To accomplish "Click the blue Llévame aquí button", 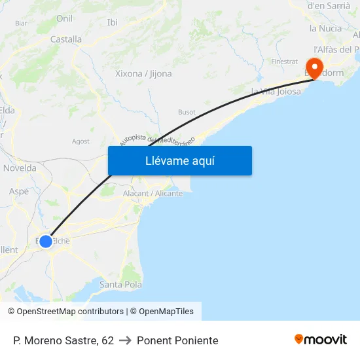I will tap(179, 160).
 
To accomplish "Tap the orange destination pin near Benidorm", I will tap(314, 68).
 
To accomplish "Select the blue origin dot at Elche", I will tap(46, 242).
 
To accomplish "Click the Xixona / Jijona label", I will tap(143, 73).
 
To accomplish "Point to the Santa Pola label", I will tap(120, 284).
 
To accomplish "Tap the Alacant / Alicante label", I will tap(153, 193).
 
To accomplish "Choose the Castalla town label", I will tap(66, 39).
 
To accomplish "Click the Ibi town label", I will tap(112, 22).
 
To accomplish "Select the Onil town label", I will tap(64, 18).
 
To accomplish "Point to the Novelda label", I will tap(20, 168).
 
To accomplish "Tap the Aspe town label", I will tap(19, 191).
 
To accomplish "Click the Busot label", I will tap(187, 112).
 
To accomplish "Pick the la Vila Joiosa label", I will tap(276, 91).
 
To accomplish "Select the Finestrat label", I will tap(284, 62).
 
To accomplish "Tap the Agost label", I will tap(81, 141).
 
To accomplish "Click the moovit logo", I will tap(320, 340).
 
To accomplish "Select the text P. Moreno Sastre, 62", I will tap(63, 340).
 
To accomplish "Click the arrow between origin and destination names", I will tap(125, 340).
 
